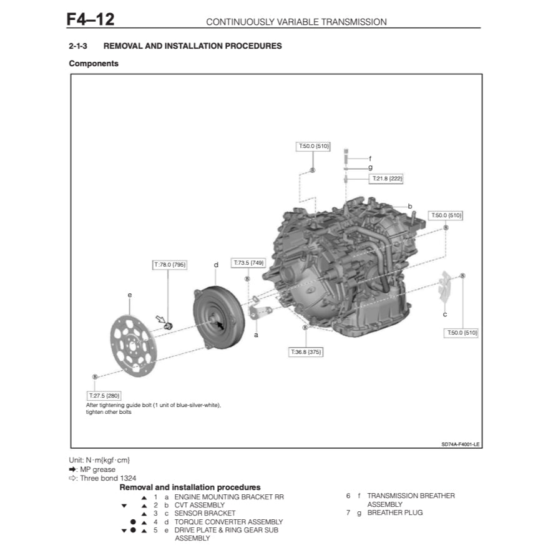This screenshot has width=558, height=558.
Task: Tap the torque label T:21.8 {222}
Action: [387, 179]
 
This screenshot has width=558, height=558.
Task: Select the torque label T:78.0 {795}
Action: [170, 265]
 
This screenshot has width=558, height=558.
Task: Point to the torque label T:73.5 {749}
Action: [248, 263]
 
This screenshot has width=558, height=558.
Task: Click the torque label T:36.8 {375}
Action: [306, 352]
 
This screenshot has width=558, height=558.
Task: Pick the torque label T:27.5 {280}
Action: [104, 395]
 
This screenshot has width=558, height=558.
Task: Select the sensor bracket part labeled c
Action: [444, 290]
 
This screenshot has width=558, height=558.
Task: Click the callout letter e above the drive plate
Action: [129, 295]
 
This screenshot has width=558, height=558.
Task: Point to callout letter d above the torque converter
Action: [216, 265]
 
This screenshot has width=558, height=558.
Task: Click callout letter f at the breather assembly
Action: [370, 159]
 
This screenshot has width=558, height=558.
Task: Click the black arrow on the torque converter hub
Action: [219, 325]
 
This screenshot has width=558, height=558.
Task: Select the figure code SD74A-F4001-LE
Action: [460, 444]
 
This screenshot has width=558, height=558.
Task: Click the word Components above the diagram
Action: [94, 64]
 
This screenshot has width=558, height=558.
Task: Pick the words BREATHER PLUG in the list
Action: [394, 512]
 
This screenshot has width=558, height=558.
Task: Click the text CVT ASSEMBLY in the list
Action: [199, 504]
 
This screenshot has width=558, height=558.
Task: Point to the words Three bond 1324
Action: [108, 478]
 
